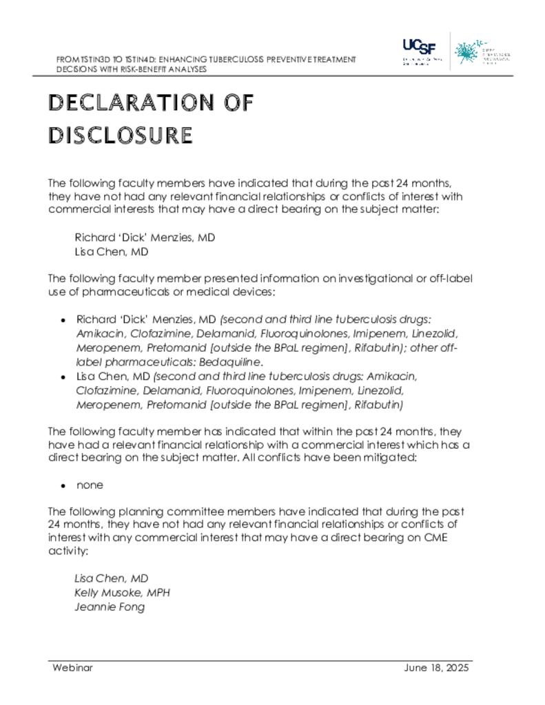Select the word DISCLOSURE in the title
click(x=120, y=136)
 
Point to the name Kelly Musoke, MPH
click(x=122, y=593)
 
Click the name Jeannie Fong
click(x=110, y=607)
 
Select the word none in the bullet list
click(x=90, y=485)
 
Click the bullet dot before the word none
click(x=63, y=485)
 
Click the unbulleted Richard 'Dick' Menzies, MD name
click(x=145, y=238)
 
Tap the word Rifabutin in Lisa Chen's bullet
click(x=379, y=404)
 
